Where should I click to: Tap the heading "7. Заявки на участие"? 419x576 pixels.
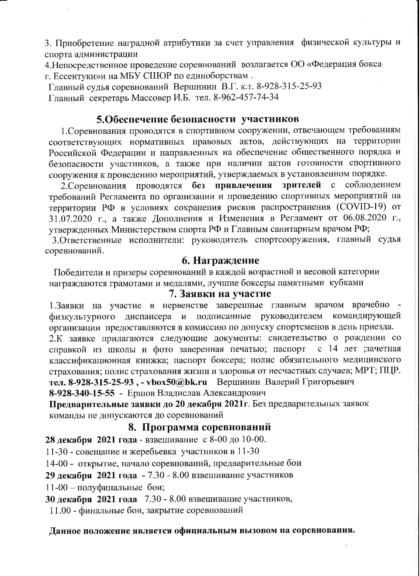tap(220, 294)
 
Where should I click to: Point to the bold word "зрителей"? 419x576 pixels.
tap(302, 185)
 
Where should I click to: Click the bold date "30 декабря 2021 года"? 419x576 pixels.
tap(91, 499)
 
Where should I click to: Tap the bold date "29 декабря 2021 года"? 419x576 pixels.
tap(91, 475)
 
